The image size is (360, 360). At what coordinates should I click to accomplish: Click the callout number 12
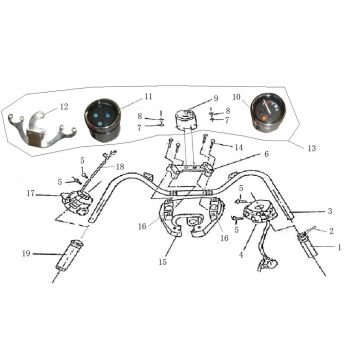coord(65,106)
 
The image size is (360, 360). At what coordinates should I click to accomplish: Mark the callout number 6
coord(265,154)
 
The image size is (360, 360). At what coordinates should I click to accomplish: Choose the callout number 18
coord(120,166)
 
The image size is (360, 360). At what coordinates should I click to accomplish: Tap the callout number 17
coord(31,193)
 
